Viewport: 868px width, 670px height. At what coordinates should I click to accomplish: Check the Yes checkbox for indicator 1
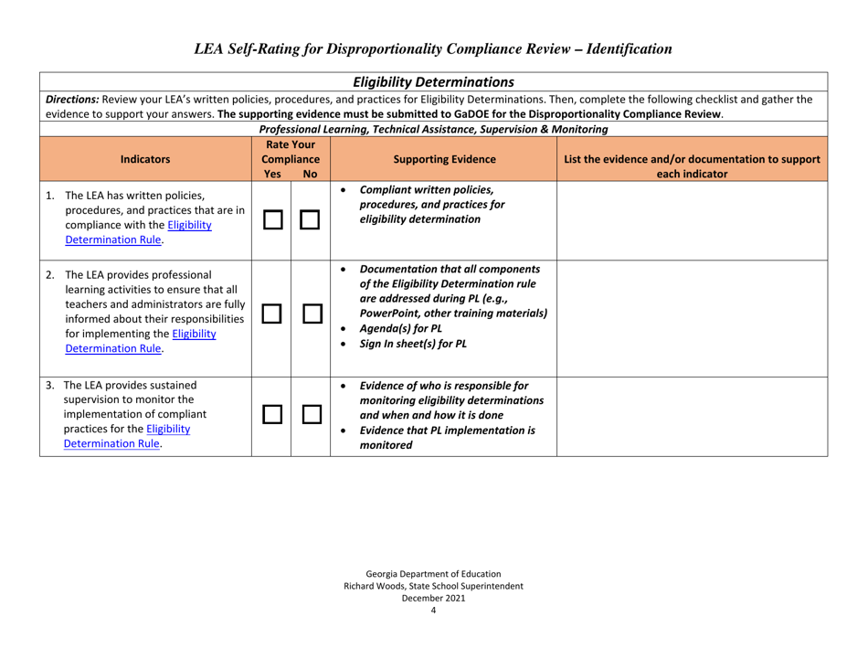coord(271,216)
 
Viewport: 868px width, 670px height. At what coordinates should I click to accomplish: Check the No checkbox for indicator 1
coord(311,216)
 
